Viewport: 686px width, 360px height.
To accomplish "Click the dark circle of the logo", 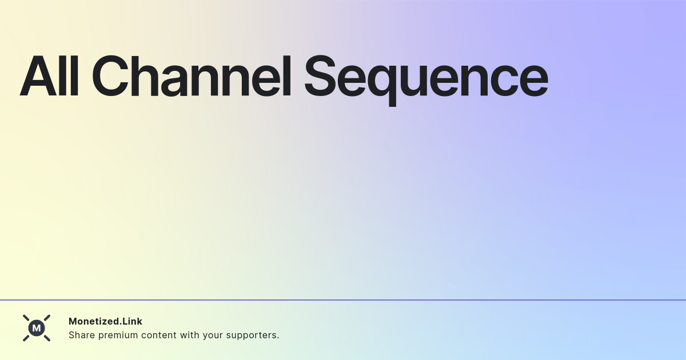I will point(37,328).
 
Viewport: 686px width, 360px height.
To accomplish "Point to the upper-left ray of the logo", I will point(26,318).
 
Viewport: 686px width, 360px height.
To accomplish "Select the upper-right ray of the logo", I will point(47,318).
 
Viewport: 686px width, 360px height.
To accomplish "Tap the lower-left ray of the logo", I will point(26,338).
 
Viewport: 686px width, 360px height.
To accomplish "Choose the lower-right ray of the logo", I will point(47,338).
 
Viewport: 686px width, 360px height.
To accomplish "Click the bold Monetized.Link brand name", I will point(105,321).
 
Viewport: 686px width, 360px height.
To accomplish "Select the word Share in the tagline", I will point(82,335).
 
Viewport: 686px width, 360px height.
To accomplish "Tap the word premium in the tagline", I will point(119,335).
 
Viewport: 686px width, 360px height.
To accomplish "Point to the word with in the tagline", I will point(190,335).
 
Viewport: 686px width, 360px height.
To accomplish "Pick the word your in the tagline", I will point(213,335).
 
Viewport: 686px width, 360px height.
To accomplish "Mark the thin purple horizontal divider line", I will point(343,300).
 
